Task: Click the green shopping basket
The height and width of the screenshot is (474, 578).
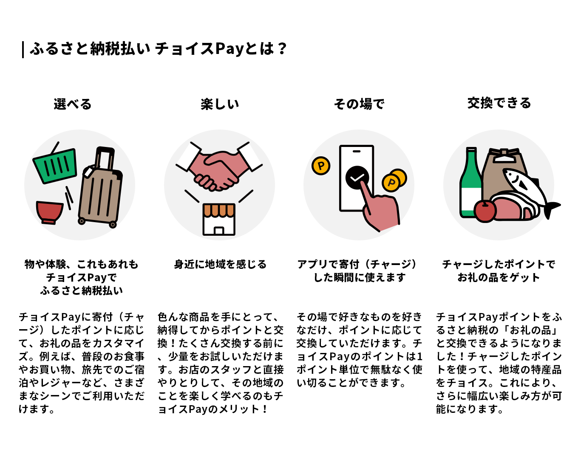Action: click(55, 165)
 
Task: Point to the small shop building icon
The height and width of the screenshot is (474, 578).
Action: click(219, 219)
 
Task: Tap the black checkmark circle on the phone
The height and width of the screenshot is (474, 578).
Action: click(357, 178)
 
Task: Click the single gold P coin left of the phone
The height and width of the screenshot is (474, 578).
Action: click(321, 165)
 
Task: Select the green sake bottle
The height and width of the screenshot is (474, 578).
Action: click(471, 183)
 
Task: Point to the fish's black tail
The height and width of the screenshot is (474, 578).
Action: click(551, 209)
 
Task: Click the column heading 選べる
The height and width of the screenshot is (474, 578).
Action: click(73, 104)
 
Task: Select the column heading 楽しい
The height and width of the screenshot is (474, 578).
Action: click(220, 104)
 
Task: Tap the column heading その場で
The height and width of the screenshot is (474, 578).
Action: click(359, 104)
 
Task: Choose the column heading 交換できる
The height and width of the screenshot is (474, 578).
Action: click(499, 103)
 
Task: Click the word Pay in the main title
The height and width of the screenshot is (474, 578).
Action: click(229, 49)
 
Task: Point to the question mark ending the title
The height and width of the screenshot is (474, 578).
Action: click(282, 48)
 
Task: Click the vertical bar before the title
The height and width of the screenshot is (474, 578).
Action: click(23, 50)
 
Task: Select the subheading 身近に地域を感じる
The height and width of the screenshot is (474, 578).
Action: click(220, 264)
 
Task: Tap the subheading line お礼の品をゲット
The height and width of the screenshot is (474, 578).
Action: click(499, 277)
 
